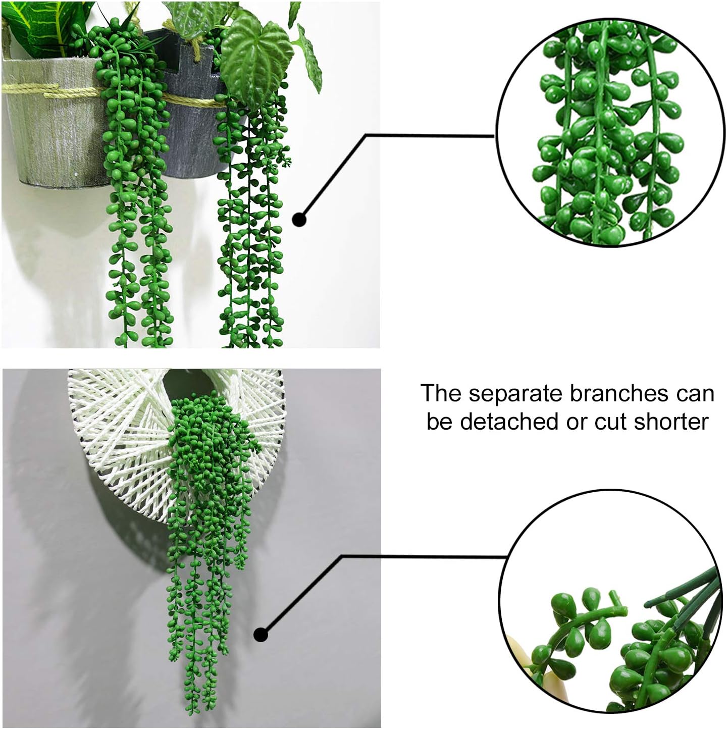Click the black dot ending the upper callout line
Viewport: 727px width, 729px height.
[x=299, y=220]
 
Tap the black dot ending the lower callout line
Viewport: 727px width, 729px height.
[x=261, y=635]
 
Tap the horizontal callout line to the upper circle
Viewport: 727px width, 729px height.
[x=429, y=135]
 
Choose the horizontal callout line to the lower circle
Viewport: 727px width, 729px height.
[x=424, y=556]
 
